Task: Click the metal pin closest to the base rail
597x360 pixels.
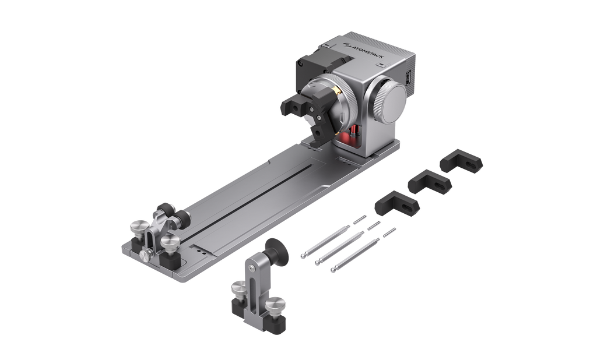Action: (333, 237)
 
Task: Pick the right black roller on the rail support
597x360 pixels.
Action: (181, 218)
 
